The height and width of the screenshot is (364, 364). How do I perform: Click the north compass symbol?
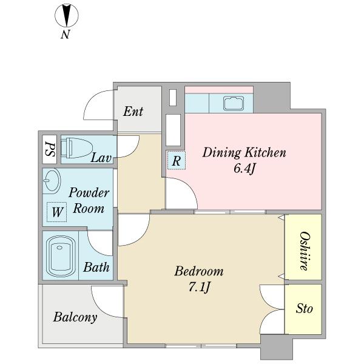[x=67, y=15]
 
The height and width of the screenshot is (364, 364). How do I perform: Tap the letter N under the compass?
[x=66, y=35]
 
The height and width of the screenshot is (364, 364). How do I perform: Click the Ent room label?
[x=133, y=112]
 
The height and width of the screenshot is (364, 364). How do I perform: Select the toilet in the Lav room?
[x=77, y=148]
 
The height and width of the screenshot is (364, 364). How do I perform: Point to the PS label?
[x=50, y=149]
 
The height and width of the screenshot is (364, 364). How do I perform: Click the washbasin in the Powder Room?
[x=52, y=181]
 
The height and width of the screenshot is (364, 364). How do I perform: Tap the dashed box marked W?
[x=57, y=212]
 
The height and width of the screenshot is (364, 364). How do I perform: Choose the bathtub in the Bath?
[x=61, y=255]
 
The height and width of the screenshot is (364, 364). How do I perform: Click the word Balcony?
[x=75, y=317]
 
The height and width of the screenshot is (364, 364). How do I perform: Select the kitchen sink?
[x=234, y=103]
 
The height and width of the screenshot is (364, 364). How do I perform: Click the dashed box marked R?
[x=177, y=160]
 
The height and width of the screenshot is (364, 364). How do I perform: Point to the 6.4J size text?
[x=244, y=169]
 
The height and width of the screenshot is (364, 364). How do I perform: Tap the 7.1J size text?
[x=199, y=288]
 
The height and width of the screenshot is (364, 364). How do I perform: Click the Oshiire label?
[x=305, y=251]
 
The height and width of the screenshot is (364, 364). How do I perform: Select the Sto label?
[x=304, y=309]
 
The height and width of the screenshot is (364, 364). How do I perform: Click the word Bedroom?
[x=199, y=271]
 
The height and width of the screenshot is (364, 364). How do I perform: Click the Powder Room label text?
[x=89, y=200]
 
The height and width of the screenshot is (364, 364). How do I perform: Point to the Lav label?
[x=101, y=158]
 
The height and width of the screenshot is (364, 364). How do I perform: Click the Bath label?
[x=96, y=267]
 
